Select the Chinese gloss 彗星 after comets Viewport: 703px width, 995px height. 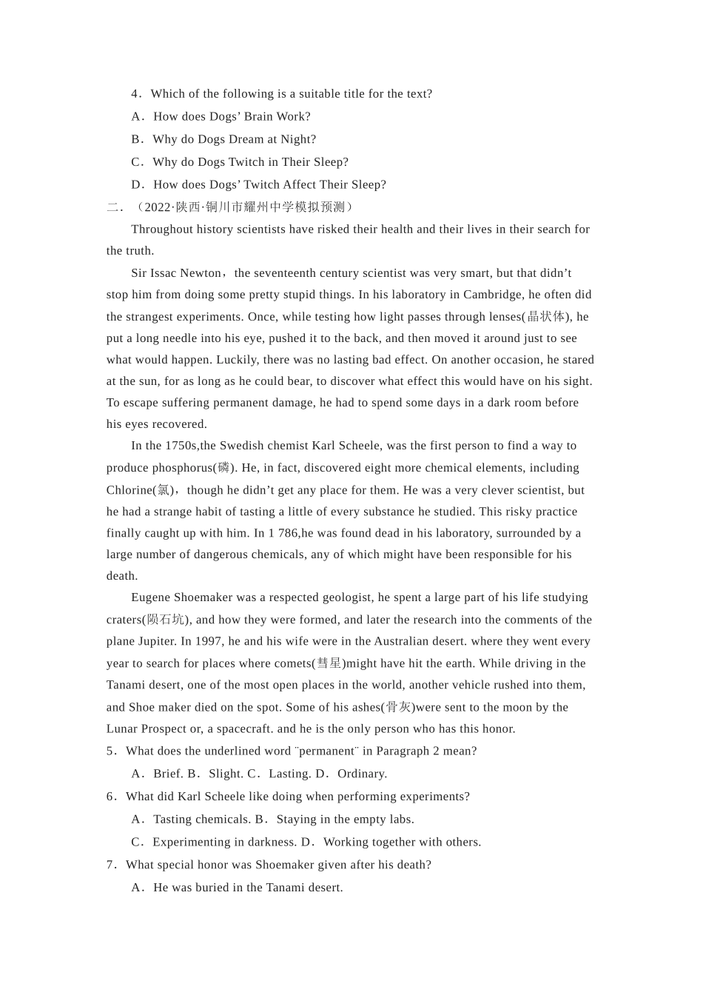click(x=329, y=663)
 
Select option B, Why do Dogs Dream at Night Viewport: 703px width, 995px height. click(x=234, y=139)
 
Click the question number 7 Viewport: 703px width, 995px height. click(x=110, y=865)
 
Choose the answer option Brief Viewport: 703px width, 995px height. click(x=168, y=774)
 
